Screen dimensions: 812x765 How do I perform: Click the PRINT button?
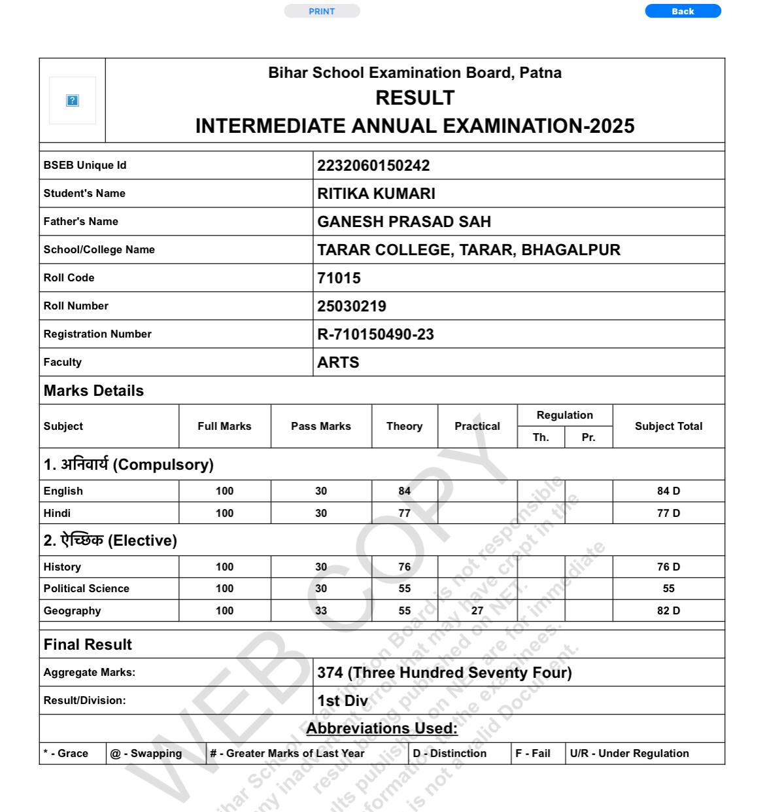pyautogui.click(x=322, y=11)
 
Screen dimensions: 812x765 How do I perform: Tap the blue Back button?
pyautogui.click(x=683, y=11)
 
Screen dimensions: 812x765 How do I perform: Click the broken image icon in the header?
pyautogui.click(x=73, y=100)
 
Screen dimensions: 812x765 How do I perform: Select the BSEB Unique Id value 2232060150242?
pyautogui.click(x=373, y=166)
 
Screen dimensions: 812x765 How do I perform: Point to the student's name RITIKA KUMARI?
pyautogui.click(x=376, y=194)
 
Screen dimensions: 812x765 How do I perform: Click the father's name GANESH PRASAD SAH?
pyautogui.click(x=404, y=222)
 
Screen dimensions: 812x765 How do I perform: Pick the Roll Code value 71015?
pyautogui.click(x=339, y=278)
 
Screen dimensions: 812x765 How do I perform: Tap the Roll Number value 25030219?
pyautogui.click(x=352, y=306)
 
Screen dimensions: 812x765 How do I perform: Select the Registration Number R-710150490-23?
pyautogui.click(x=375, y=334)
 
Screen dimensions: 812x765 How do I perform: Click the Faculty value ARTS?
pyautogui.click(x=338, y=362)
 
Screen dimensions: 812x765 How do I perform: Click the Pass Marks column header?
pyautogui.click(x=321, y=426)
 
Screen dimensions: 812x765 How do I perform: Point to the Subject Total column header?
pyautogui.click(x=668, y=426)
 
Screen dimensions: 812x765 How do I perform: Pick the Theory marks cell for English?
pyautogui.click(x=405, y=491)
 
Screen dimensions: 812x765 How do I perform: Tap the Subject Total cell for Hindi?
pyautogui.click(x=668, y=513)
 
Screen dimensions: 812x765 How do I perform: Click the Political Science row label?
pyautogui.click(x=86, y=588)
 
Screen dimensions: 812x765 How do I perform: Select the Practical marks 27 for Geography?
pyautogui.click(x=477, y=610)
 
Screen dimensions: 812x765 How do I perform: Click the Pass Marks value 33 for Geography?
pyautogui.click(x=321, y=610)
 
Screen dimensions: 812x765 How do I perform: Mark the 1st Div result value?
pyautogui.click(x=343, y=701)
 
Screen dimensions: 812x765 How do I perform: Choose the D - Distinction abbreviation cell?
pyautogui.click(x=450, y=753)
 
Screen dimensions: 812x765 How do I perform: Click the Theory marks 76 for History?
pyautogui.click(x=405, y=567)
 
